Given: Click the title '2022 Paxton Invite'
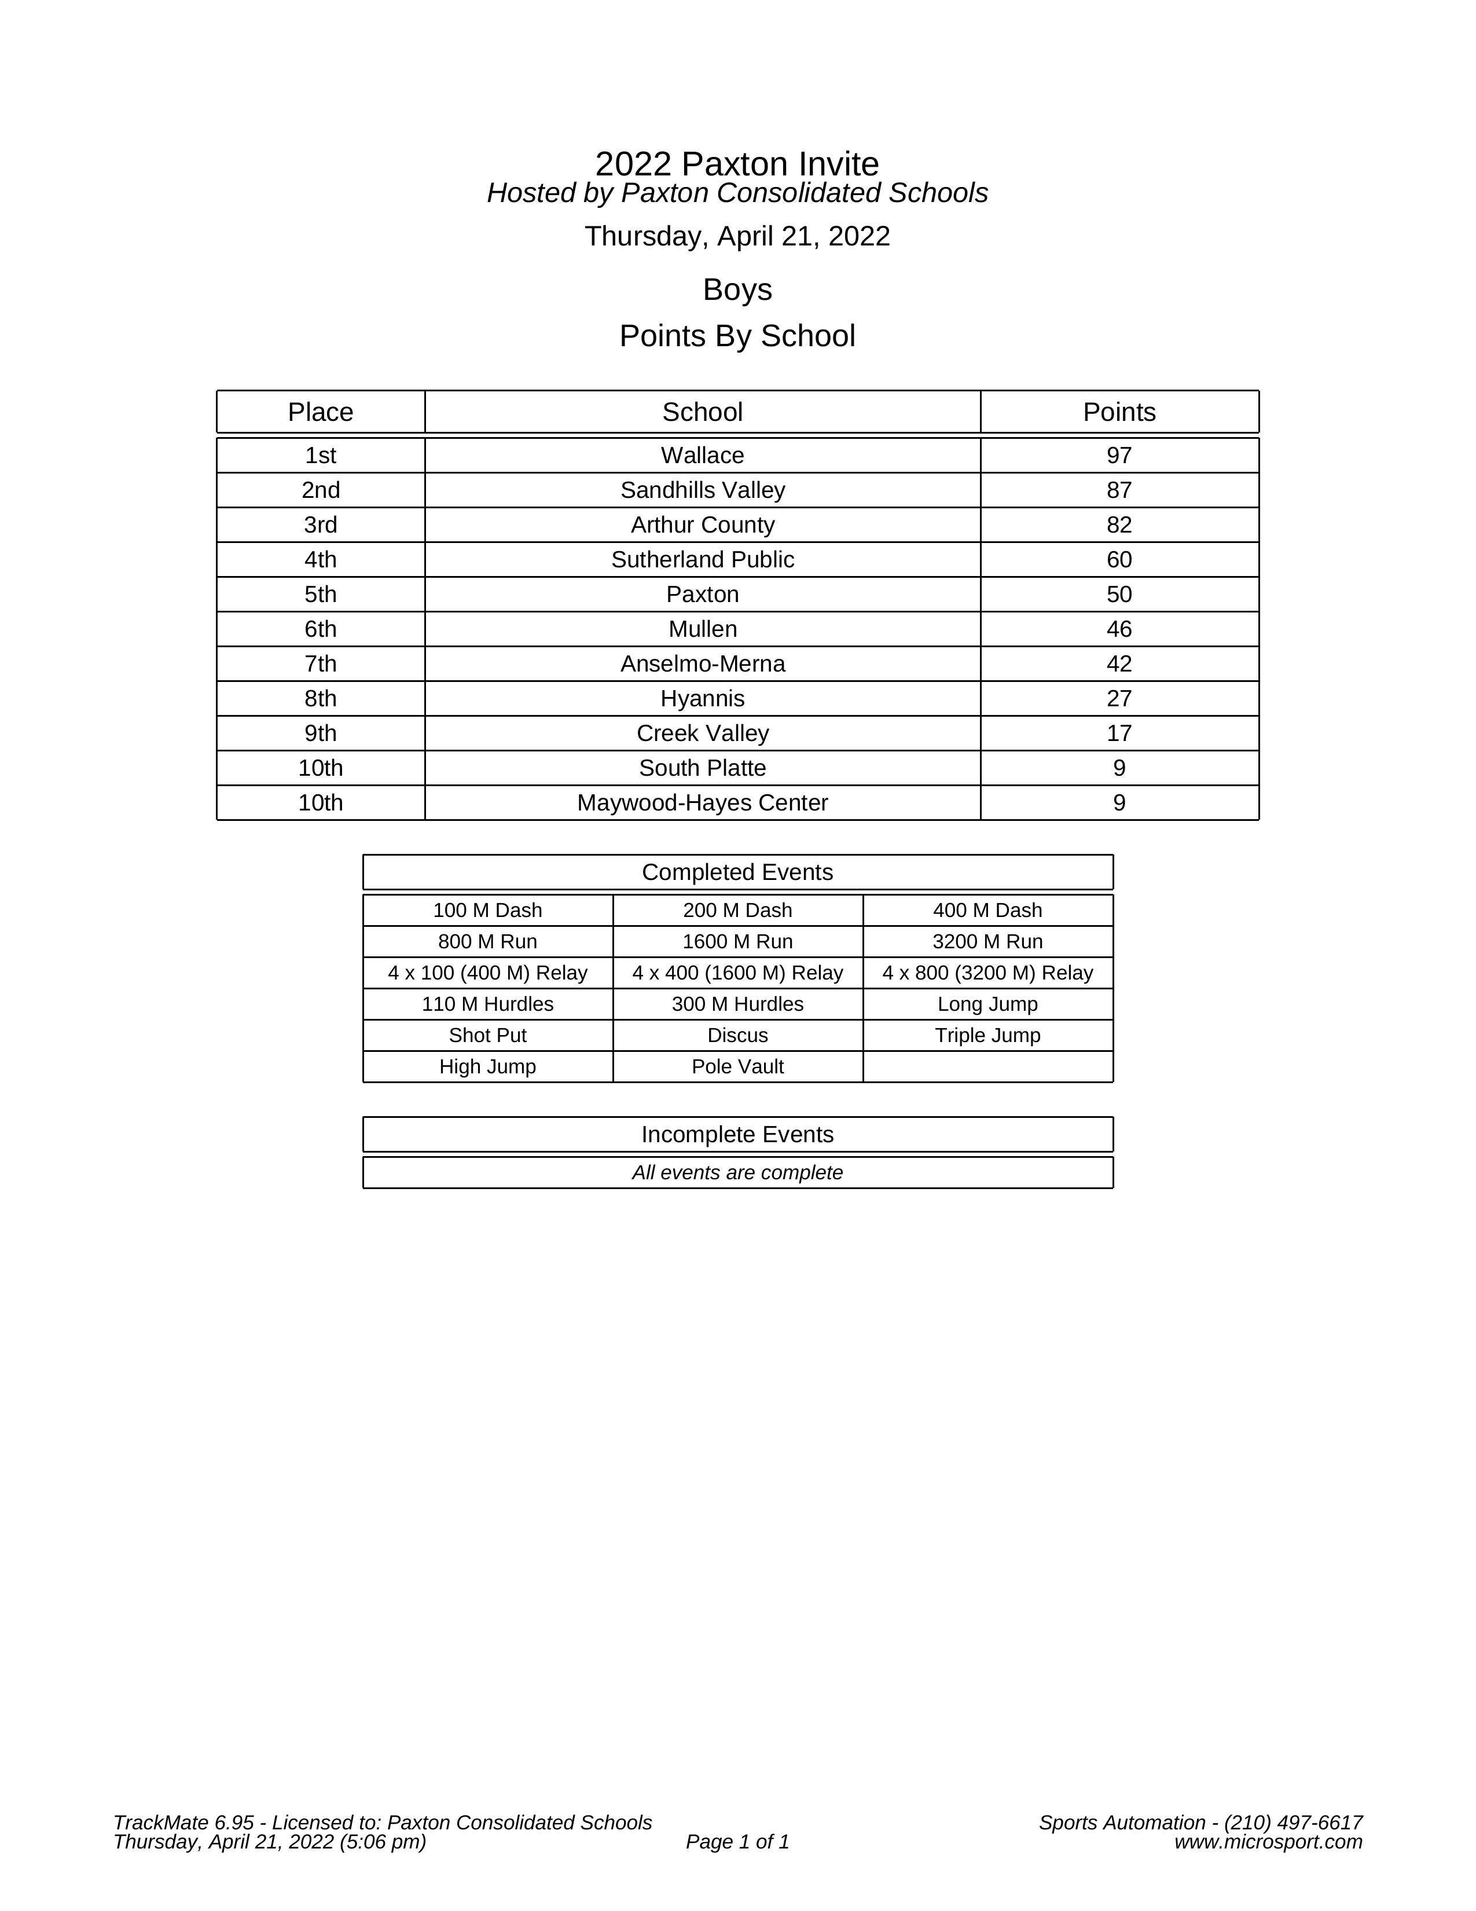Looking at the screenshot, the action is [737, 164].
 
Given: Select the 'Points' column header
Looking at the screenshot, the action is [1118, 412].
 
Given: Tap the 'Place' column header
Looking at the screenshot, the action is [320, 412].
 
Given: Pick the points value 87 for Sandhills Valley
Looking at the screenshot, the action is [1118, 490].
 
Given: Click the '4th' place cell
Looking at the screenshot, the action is [320, 560].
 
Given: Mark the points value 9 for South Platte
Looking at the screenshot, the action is [1118, 768].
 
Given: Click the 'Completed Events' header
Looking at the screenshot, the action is [737, 872].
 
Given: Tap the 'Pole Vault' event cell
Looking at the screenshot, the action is [737, 1066].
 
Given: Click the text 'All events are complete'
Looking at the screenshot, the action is [737, 1172].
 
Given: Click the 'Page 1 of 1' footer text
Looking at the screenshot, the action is [737, 1842].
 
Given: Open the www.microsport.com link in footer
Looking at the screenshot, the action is [1268, 1842].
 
